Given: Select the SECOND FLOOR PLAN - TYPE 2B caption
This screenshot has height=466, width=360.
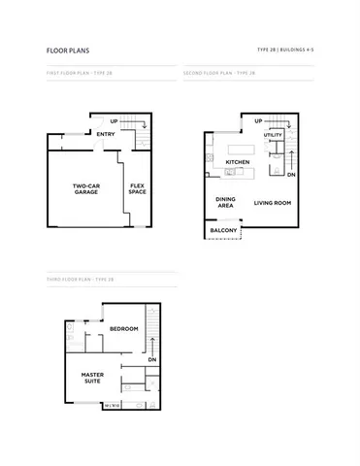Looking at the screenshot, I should (x=219, y=72).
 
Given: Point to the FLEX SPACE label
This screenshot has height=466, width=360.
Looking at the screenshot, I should (x=138, y=188).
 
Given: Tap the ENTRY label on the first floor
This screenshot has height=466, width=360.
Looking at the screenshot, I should (x=107, y=135).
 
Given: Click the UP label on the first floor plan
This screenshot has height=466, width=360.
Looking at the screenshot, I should (x=129, y=123).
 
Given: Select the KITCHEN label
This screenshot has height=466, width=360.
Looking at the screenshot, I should (x=239, y=162).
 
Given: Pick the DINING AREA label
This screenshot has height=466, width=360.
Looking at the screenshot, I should (x=224, y=202).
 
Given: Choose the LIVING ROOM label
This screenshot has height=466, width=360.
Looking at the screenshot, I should (x=274, y=203).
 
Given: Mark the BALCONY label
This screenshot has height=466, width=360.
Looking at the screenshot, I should (x=224, y=230).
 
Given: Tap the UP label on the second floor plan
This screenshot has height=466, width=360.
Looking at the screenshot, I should (x=258, y=121).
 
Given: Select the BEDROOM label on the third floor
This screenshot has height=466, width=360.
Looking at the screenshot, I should (x=123, y=329).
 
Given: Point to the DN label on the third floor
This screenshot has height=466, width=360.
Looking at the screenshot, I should (x=152, y=360).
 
